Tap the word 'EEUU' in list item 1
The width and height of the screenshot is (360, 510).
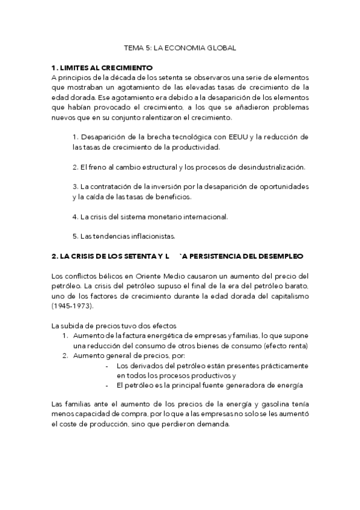click(x=242, y=137)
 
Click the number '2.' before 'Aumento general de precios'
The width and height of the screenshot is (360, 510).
click(x=66, y=355)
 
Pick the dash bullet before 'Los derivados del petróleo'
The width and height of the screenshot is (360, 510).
click(x=106, y=365)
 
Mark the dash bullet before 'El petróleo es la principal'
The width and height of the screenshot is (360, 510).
click(x=106, y=385)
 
